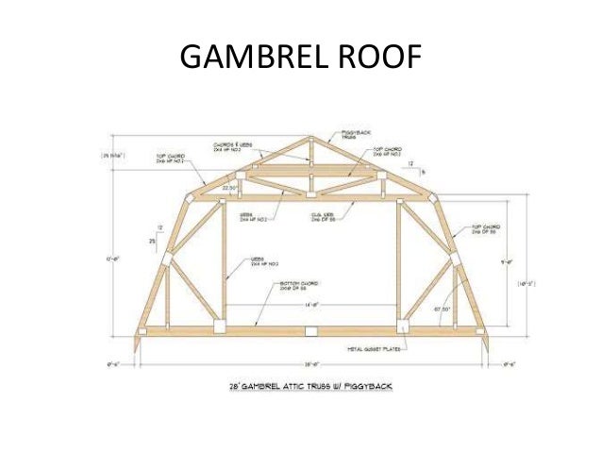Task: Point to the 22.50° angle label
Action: pyautogui.click(x=230, y=188)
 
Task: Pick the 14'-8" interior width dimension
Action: pyautogui.click(x=309, y=305)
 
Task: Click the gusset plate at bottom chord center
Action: pyautogui.click(x=310, y=330)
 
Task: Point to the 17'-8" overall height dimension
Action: pyautogui.click(x=117, y=258)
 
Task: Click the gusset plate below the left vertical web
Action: pyautogui.click(x=218, y=326)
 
